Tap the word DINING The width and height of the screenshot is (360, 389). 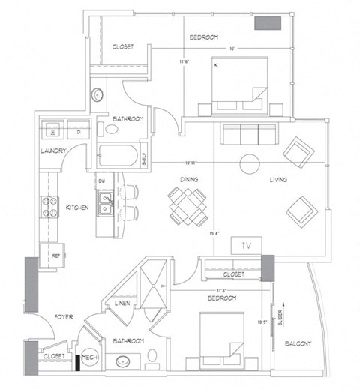(189, 180)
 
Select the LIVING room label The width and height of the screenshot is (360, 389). (280, 180)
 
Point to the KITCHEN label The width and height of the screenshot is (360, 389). (78, 207)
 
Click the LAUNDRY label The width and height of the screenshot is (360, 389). (53, 151)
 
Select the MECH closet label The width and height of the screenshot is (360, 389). (89, 356)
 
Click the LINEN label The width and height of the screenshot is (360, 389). (122, 304)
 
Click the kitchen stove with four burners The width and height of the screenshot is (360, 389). (50, 207)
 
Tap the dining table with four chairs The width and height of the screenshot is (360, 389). (187, 206)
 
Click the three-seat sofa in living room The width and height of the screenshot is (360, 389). (247, 136)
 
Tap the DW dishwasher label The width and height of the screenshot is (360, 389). (100, 181)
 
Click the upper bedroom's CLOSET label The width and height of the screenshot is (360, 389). (122, 46)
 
